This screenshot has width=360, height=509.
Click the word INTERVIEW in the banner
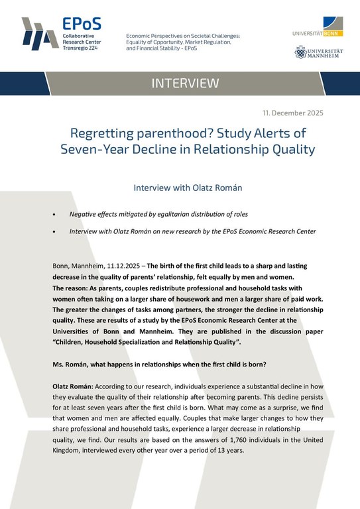pos(185,84)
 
